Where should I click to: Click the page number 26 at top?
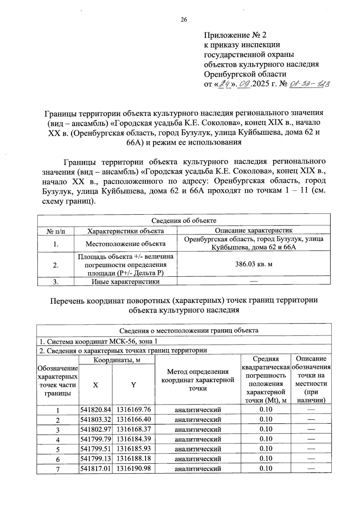[x=184, y=20]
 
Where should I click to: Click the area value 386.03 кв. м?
[x=254, y=264]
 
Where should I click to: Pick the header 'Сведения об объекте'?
[x=184, y=220]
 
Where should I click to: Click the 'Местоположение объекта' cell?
[x=125, y=244]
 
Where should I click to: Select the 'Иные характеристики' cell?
[x=125, y=282]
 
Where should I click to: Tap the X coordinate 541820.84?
[x=96, y=409]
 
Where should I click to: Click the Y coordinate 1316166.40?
[x=133, y=419]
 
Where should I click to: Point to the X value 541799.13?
[x=96, y=458]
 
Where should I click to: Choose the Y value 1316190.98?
[x=133, y=468]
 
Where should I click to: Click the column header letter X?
[x=95, y=385]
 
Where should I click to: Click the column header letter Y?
[x=133, y=385]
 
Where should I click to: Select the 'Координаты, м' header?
[x=117, y=360]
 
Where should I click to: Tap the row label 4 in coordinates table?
[x=58, y=440]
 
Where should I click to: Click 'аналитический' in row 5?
[x=198, y=449]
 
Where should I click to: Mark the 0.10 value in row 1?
[x=266, y=409]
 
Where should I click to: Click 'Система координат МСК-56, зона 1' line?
[x=99, y=342]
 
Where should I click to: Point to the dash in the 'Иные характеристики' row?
[x=254, y=281]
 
